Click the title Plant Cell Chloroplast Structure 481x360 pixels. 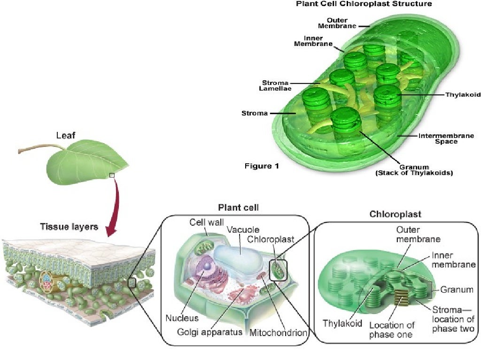(x=364, y=4)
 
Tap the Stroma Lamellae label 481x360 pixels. (x=275, y=86)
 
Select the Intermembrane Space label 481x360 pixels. (x=440, y=138)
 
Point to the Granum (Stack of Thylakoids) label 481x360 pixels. (x=414, y=170)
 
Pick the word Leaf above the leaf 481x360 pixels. (x=66, y=136)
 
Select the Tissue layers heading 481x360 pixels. (x=69, y=227)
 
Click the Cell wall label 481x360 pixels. (x=207, y=222)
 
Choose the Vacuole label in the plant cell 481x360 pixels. (x=243, y=230)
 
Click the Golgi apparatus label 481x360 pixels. (x=209, y=332)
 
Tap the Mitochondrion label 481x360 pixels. (x=278, y=333)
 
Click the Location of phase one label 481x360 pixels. (x=392, y=329)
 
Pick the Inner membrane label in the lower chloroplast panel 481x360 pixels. (x=454, y=260)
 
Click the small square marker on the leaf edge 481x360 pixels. (x=112, y=176)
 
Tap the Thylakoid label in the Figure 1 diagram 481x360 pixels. (x=463, y=95)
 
